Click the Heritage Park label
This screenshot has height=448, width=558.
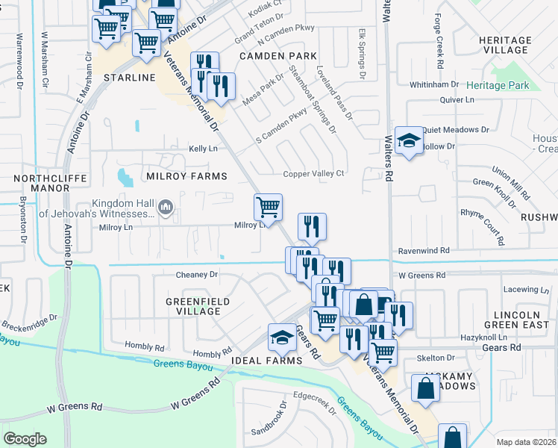pyautogui.click(x=500, y=86)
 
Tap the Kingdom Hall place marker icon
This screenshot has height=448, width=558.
pyautogui.click(x=166, y=207)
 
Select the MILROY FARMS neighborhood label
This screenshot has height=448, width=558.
pyautogui.click(x=186, y=176)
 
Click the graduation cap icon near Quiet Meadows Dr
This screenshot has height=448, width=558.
pyautogui.click(x=409, y=140)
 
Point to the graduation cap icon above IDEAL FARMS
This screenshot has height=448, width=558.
pyautogui.click(x=283, y=337)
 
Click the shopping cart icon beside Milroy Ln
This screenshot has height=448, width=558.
pyautogui.click(x=268, y=205)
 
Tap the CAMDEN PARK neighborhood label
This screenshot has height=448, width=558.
pyautogui.click(x=278, y=56)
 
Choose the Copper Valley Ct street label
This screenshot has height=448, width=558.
pyautogui.click(x=313, y=174)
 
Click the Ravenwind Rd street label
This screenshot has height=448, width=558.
pyautogui.click(x=424, y=251)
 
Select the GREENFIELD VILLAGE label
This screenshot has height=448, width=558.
pyautogui.click(x=187, y=306)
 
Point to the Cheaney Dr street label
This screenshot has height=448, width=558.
pyautogui.click(x=197, y=275)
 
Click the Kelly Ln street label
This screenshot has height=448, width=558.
pyautogui.click(x=203, y=149)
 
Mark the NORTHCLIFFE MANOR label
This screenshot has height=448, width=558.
pyautogui.click(x=51, y=184)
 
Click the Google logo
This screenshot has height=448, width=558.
pyautogui.click(x=25, y=439)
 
